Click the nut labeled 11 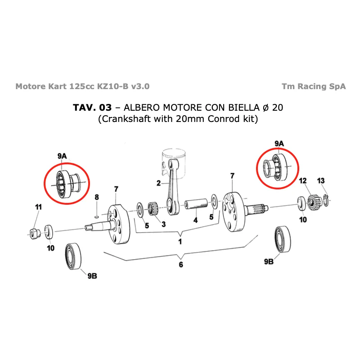35,233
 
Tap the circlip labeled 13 326,200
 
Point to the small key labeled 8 97,216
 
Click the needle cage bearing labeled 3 153,208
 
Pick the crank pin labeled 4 196,204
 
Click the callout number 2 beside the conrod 158,183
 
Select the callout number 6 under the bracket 181,265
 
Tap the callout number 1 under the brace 180,242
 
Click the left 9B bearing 73,256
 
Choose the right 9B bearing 283,239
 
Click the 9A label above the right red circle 279,144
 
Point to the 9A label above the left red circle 62,156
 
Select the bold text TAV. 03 92,108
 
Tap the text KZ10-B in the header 112,86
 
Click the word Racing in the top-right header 312,86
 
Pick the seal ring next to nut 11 48,232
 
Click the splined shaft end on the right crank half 257,208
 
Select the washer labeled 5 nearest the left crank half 140,210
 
